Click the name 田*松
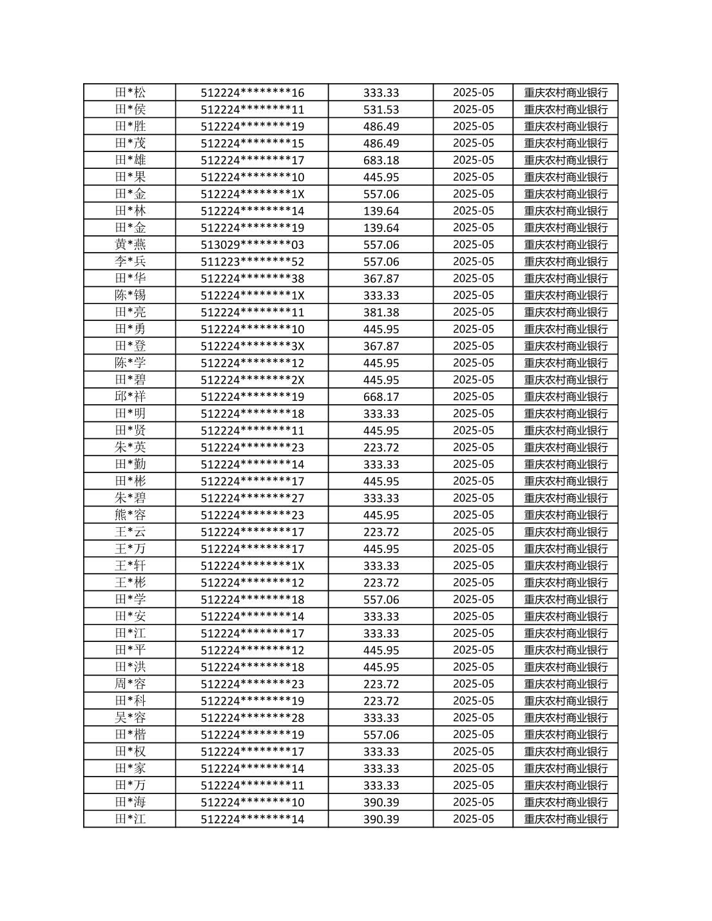click(x=130, y=93)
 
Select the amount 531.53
click(x=381, y=110)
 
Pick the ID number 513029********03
click(x=252, y=245)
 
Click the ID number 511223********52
click(x=252, y=262)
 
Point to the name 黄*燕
click(x=130, y=245)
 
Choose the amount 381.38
click(x=381, y=313)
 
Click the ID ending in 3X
click(x=252, y=346)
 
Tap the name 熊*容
click(x=130, y=515)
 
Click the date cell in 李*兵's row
click(x=473, y=262)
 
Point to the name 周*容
click(x=130, y=684)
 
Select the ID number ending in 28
click(x=252, y=718)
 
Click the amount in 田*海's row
click(x=381, y=802)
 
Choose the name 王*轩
click(x=130, y=566)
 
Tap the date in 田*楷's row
click(x=473, y=735)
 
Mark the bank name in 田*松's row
click(x=566, y=93)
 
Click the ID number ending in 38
click(x=252, y=278)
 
